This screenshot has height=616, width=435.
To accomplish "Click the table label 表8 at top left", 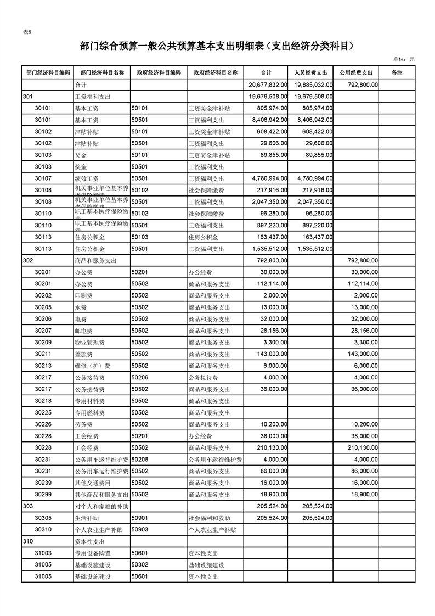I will tap(27, 32).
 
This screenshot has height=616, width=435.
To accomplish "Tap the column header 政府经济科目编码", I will tap(158, 72).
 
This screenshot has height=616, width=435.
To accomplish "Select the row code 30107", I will tap(43, 178).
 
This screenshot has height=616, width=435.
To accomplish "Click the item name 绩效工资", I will tap(87, 178).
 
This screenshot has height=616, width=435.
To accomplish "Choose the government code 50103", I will tap(140, 237).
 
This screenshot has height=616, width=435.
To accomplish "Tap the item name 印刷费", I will tap(83, 295).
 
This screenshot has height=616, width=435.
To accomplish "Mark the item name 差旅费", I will tap(83, 354).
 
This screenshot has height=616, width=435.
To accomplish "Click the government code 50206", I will tap(140, 377).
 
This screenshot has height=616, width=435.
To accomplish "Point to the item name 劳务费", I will tap(83, 424).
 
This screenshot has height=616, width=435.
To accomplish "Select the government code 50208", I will tap(140, 460).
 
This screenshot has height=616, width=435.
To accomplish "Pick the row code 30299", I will tap(43, 495).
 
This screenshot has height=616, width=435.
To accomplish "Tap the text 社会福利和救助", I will tap(209, 518).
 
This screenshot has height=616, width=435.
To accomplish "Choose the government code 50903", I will tap(140, 530).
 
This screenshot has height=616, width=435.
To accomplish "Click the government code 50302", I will tap(140, 565).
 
